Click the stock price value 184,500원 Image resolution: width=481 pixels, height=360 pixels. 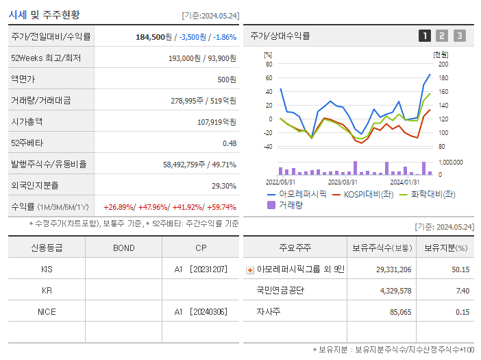point(153,37)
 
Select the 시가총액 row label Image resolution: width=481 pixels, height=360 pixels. point(27,121)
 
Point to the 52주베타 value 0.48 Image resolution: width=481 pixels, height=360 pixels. point(229,143)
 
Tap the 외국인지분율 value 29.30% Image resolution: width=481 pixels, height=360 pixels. point(224,185)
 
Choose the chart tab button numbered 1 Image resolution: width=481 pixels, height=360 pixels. point(425,36)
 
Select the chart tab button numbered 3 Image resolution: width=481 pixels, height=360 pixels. point(459,36)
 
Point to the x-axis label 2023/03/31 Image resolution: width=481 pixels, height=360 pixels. point(343,182)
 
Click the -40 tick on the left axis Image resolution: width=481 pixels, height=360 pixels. point(268,147)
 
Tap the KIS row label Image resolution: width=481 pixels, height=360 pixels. point(47,269)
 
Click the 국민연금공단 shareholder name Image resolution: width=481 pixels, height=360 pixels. point(280,291)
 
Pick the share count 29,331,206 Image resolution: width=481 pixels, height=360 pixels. point(393,269)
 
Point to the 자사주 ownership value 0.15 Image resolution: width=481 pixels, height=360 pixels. point(462,311)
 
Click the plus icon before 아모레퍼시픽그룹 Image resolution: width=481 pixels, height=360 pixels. point(250,270)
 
